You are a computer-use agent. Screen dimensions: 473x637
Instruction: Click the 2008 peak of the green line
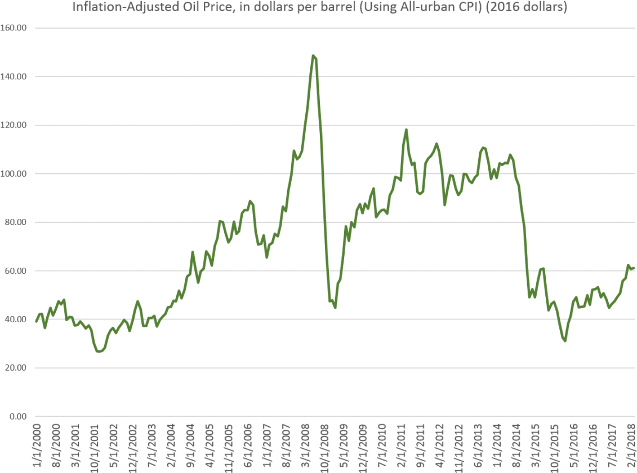tap(313, 55)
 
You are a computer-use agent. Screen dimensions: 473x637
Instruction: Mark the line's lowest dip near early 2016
tap(564, 341)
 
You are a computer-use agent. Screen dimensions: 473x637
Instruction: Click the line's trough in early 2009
tap(335, 308)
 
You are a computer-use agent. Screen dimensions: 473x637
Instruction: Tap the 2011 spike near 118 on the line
tap(406, 129)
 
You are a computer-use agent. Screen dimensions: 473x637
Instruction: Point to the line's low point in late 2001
tap(99, 352)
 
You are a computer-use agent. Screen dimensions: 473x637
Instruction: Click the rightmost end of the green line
tap(634, 268)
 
